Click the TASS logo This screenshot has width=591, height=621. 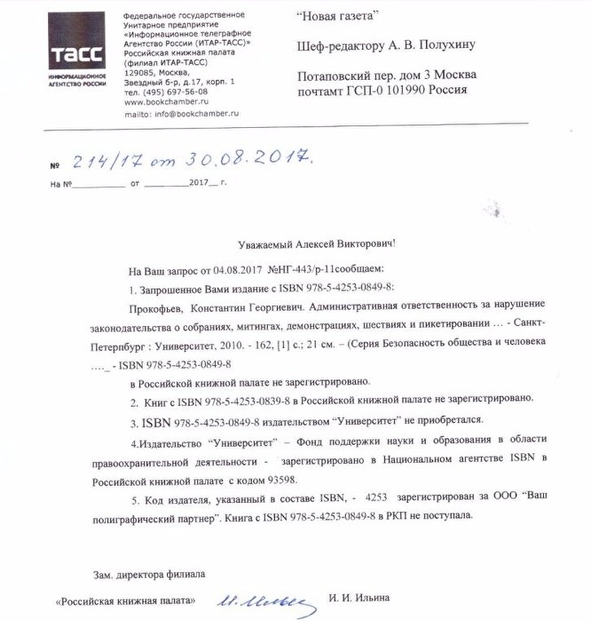78,54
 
